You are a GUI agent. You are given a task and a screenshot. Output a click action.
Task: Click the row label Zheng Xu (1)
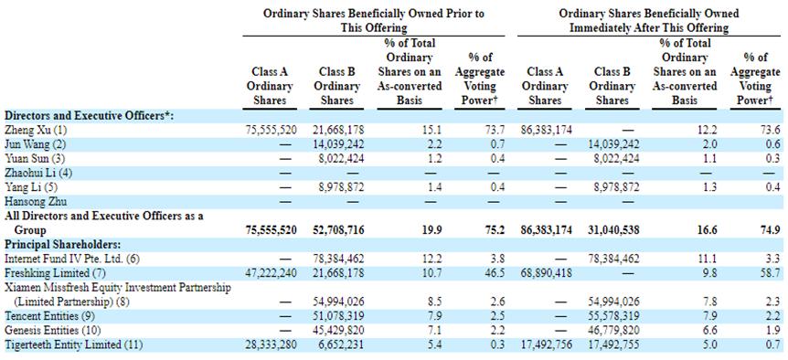pos(35,130)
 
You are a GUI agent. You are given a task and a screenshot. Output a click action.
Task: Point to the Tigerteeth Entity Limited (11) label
pos(73,345)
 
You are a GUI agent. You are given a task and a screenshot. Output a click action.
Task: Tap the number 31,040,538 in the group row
pos(613,230)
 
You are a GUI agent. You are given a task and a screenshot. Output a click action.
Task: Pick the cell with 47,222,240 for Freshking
pos(272,273)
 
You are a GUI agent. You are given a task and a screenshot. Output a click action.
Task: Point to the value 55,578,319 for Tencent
pos(613,316)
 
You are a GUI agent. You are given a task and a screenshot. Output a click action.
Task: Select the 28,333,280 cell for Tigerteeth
pos(272,345)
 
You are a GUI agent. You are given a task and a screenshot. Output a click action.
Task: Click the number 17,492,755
pos(613,345)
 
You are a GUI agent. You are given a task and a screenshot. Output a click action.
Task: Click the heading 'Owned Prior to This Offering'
pos(374,21)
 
